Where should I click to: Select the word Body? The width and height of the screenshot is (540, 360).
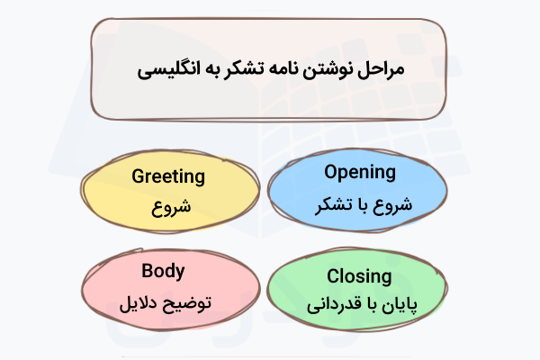(163, 270)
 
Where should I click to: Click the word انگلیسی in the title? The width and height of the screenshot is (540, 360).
(167, 69)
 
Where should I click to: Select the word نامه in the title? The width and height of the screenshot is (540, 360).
(291, 69)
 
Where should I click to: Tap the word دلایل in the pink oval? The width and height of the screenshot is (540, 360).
(134, 301)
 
